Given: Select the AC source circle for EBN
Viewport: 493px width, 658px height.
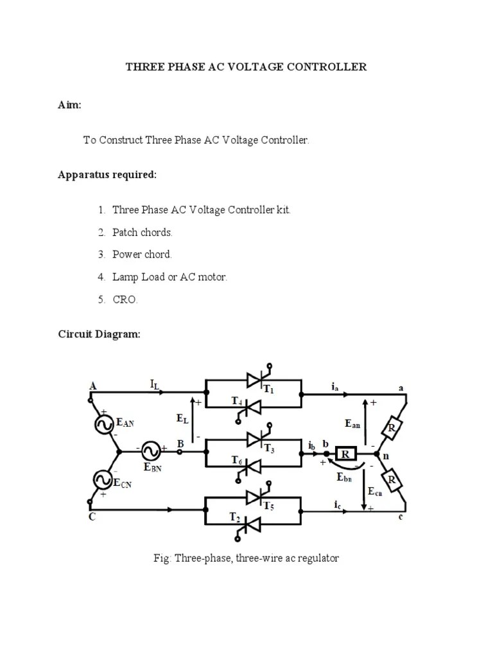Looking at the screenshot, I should click(x=151, y=449).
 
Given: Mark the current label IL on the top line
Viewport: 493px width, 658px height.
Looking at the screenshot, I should click(x=155, y=385).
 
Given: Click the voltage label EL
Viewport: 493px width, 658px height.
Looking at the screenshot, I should click(x=183, y=418).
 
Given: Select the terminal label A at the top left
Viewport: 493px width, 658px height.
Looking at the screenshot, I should click(x=93, y=386).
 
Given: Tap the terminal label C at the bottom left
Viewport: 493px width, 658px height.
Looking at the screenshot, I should click(x=92, y=517).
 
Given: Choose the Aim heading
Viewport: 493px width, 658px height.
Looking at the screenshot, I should click(x=69, y=105).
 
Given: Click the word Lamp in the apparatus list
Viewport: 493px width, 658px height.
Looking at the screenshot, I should click(x=126, y=277).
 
